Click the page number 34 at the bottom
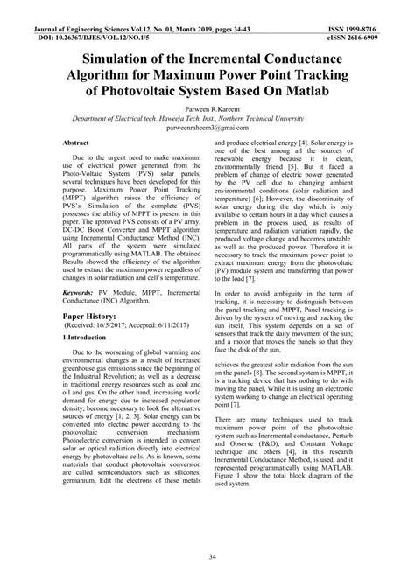click(207, 556)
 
